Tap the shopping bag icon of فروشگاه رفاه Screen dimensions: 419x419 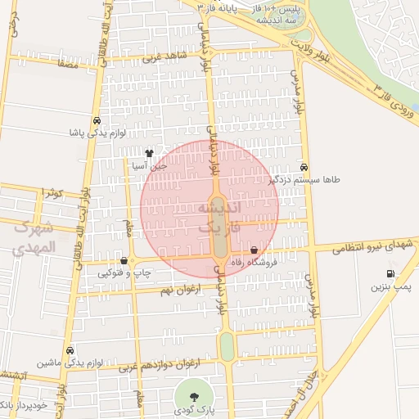click(254, 250)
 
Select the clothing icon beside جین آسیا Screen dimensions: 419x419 click(149, 153)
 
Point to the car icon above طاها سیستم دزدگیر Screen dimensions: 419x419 click(304, 165)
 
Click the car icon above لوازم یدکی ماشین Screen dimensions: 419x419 click(70, 349)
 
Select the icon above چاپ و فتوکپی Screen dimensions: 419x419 click(124, 261)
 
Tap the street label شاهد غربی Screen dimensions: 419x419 click(165, 56)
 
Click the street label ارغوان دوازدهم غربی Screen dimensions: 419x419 click(164, 363)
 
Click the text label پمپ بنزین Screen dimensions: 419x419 click(390, 287)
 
